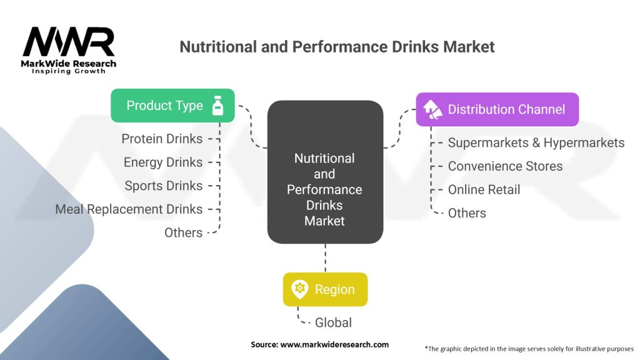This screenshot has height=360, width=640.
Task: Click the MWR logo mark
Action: point(69,42)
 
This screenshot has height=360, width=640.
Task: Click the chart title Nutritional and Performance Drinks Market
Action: point(337,47)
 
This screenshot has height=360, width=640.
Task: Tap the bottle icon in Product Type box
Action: point(217,106)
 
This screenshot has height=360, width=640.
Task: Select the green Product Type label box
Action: point(172,106)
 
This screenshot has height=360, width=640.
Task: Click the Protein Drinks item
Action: point(162,139)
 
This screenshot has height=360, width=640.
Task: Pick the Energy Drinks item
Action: point(163,162)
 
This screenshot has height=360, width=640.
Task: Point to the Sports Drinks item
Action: point(164,186)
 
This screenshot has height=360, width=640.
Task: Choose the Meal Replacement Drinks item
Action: point(129,209)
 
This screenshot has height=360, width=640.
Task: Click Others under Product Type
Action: point(183,232)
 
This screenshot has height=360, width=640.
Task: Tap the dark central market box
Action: point(324,172)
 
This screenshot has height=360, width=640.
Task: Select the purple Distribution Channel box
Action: point(497,109)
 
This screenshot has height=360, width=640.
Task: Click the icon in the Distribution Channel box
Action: point(432,109)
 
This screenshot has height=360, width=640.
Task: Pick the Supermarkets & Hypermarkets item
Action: point(536,142)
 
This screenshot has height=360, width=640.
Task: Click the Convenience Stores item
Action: point(505,166)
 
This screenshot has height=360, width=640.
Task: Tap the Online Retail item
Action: point(484,189)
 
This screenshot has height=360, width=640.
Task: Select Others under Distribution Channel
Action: point(467,213)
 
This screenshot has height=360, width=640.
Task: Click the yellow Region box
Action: point(325,289)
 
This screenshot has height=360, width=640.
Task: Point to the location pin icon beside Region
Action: point(299,289)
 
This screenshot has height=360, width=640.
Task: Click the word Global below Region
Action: point(333,322)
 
